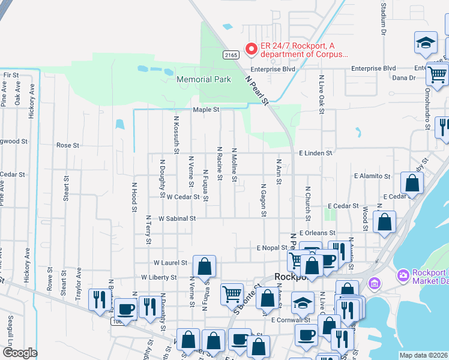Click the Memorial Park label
pyautogui.click(x=203, y=79)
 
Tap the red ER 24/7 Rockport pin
pyautogui.click(x=251, y=47)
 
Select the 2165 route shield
pyautogui.click(x=231, y=55)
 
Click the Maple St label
pyautogui.click(x=206, y=110)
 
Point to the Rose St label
pyautogui.click(x=68, y=145)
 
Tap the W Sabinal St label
pyautogui.click(x=177, y=219)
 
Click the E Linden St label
pyautogui.click(x=316, y=154)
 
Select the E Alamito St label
pyautogui.click(x=372, y=176)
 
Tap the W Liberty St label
pyautogui.click(x=159, y=278)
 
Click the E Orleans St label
pyautogui.click(x=317, y=233)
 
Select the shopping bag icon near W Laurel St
pyautogui.click(x=204, y=265)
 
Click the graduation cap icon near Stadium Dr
pyautogui.click(x=426, y=43)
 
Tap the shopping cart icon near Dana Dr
pyautogui.click(x=438, y=74)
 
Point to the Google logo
pyautogui.click(x=20, y=353)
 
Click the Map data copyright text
pyautogui.click(x=423, y=355)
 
